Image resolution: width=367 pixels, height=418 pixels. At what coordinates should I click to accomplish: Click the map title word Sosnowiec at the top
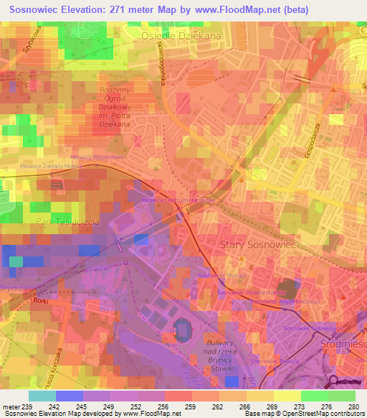point(33,8)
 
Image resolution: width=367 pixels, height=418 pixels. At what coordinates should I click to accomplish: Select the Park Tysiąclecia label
point(67,222)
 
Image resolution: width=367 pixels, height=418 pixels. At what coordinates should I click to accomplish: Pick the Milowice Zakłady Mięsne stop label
point(51,165)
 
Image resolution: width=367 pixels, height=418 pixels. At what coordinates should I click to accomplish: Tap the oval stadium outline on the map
point(183,332)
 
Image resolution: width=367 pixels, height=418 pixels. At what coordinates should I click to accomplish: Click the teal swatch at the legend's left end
point(42,396)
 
